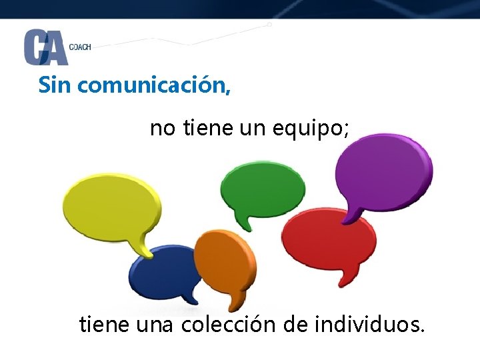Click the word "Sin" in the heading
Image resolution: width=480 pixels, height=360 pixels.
(55, 85)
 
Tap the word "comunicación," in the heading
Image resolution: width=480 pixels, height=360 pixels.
(154, 85)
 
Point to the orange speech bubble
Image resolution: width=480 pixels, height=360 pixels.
(225, 261)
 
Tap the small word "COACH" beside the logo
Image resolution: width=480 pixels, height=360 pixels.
(80, 47)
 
